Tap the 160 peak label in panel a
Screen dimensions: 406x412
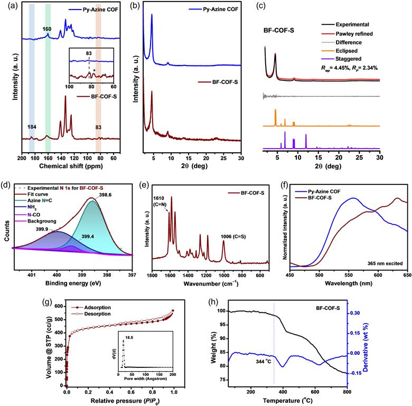[48, 29]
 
